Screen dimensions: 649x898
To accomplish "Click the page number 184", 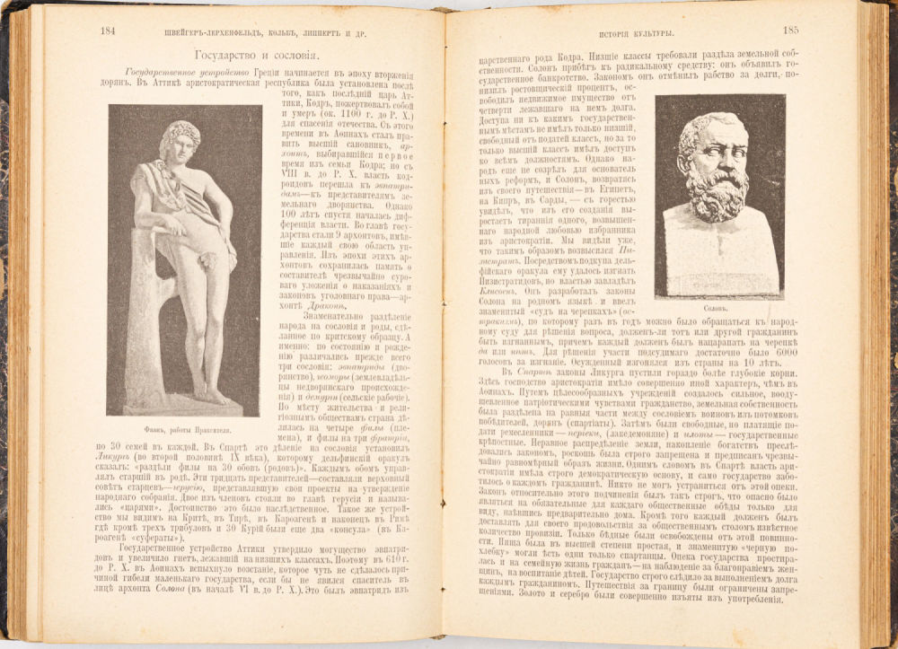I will tap(108, 31).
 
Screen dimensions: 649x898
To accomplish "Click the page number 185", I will tap(790, 30).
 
